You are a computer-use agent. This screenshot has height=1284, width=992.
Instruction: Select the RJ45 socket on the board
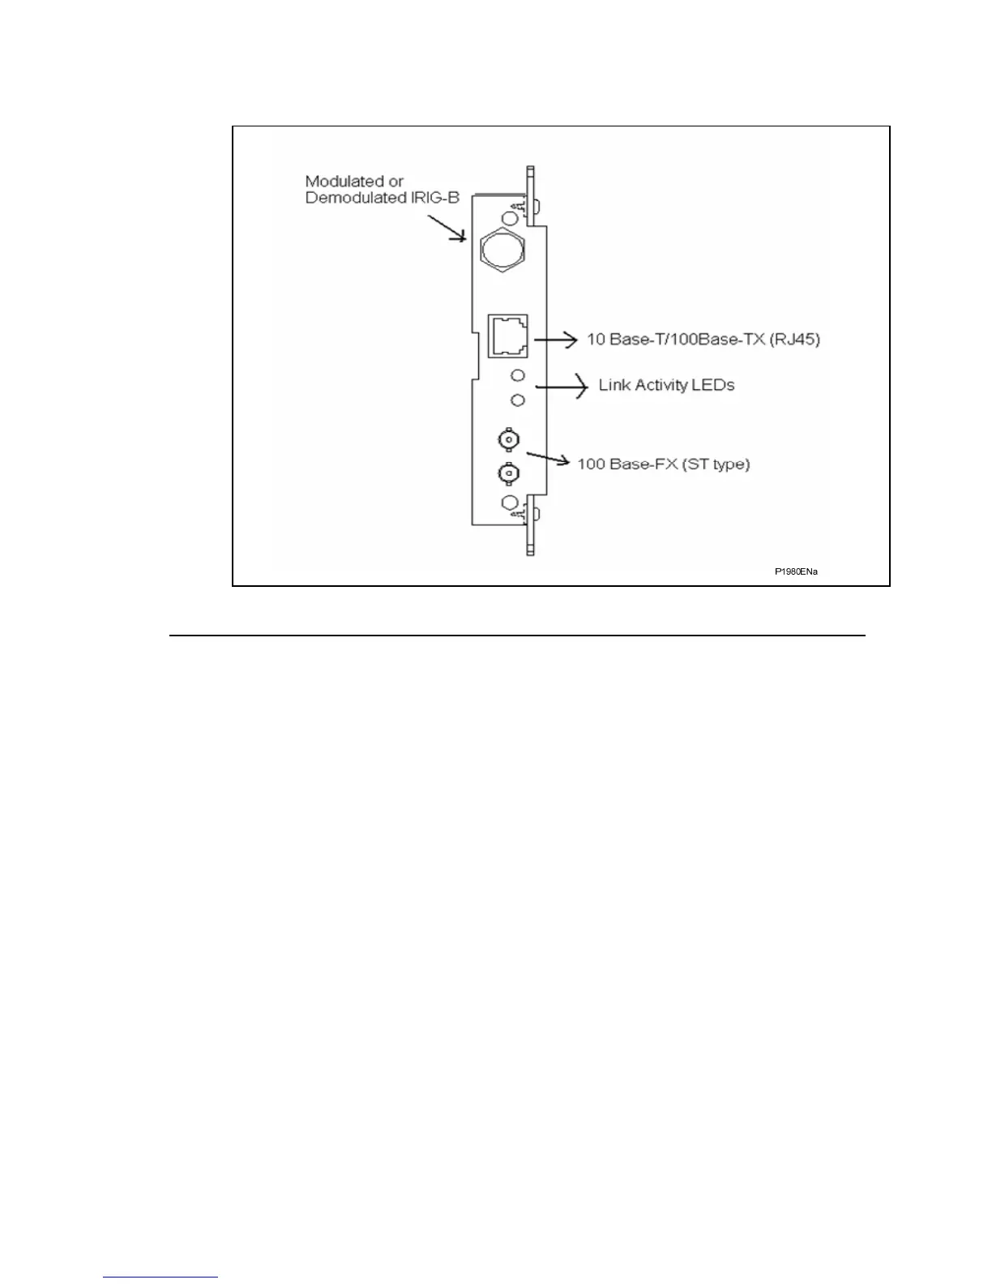click(507, 336)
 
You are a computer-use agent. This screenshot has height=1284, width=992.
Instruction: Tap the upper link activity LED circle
click(518, 375)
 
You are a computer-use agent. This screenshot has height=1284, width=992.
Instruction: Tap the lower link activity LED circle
click(518, 400)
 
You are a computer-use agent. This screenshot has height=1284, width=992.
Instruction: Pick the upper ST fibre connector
click(508, 440)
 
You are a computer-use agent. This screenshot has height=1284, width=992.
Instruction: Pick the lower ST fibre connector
click(508, 472)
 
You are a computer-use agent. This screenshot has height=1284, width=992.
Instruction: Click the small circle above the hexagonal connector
click(511, 218)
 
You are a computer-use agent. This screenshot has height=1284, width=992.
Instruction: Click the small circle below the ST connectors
click(510, 503)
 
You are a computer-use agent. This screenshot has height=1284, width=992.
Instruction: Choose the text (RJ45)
click(795, 340)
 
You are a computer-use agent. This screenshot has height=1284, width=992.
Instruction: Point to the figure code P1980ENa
click(796, 572)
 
